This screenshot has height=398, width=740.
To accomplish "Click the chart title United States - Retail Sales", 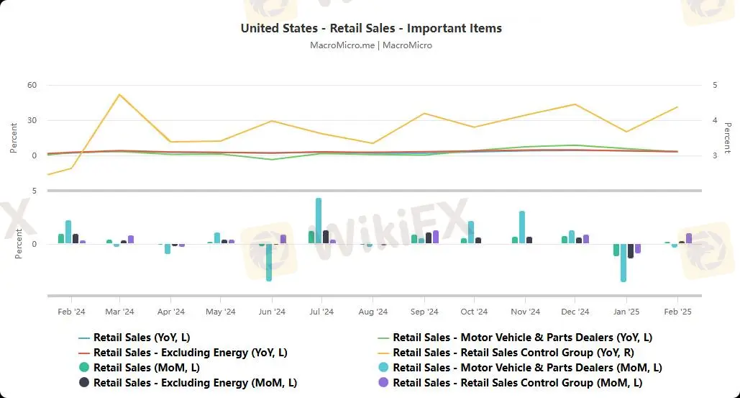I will pos(371,28).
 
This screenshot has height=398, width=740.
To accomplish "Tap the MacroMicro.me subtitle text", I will pos(371,45).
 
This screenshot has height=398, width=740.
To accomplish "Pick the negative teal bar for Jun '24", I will pos(269,262).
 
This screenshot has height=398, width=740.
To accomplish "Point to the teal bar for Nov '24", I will pos(522,227).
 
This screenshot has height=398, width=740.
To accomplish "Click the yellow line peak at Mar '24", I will pos(119,94).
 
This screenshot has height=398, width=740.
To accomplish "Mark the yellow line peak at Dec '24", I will pos(574,104).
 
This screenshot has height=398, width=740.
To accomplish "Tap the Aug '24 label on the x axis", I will pos(373,312).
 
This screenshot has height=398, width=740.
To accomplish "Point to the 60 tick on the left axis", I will pos(32,85).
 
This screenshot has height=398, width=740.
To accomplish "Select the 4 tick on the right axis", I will pos(714,120).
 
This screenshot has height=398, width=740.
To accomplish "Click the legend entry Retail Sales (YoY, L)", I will pos(142,337).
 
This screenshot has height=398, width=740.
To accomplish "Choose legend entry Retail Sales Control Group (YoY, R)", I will pos(516,352).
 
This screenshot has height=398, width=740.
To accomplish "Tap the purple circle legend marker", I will pos(383,383).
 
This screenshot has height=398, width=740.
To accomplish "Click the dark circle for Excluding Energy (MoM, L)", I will pos(84,383).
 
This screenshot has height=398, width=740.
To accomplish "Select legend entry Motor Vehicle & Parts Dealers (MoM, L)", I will pos(527,368).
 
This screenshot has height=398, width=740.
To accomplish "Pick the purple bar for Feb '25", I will pos(689,238).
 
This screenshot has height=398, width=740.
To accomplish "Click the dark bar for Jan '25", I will pos(631,250).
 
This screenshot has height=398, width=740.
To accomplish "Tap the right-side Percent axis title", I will pos(727,137).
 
